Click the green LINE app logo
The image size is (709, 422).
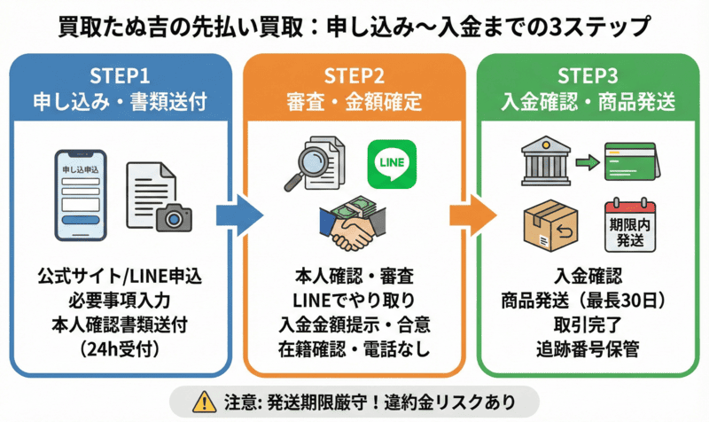[x=392, y=162]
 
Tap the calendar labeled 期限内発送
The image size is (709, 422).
[x=630, y=223]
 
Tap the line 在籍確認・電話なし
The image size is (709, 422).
[x=354, y=348]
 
